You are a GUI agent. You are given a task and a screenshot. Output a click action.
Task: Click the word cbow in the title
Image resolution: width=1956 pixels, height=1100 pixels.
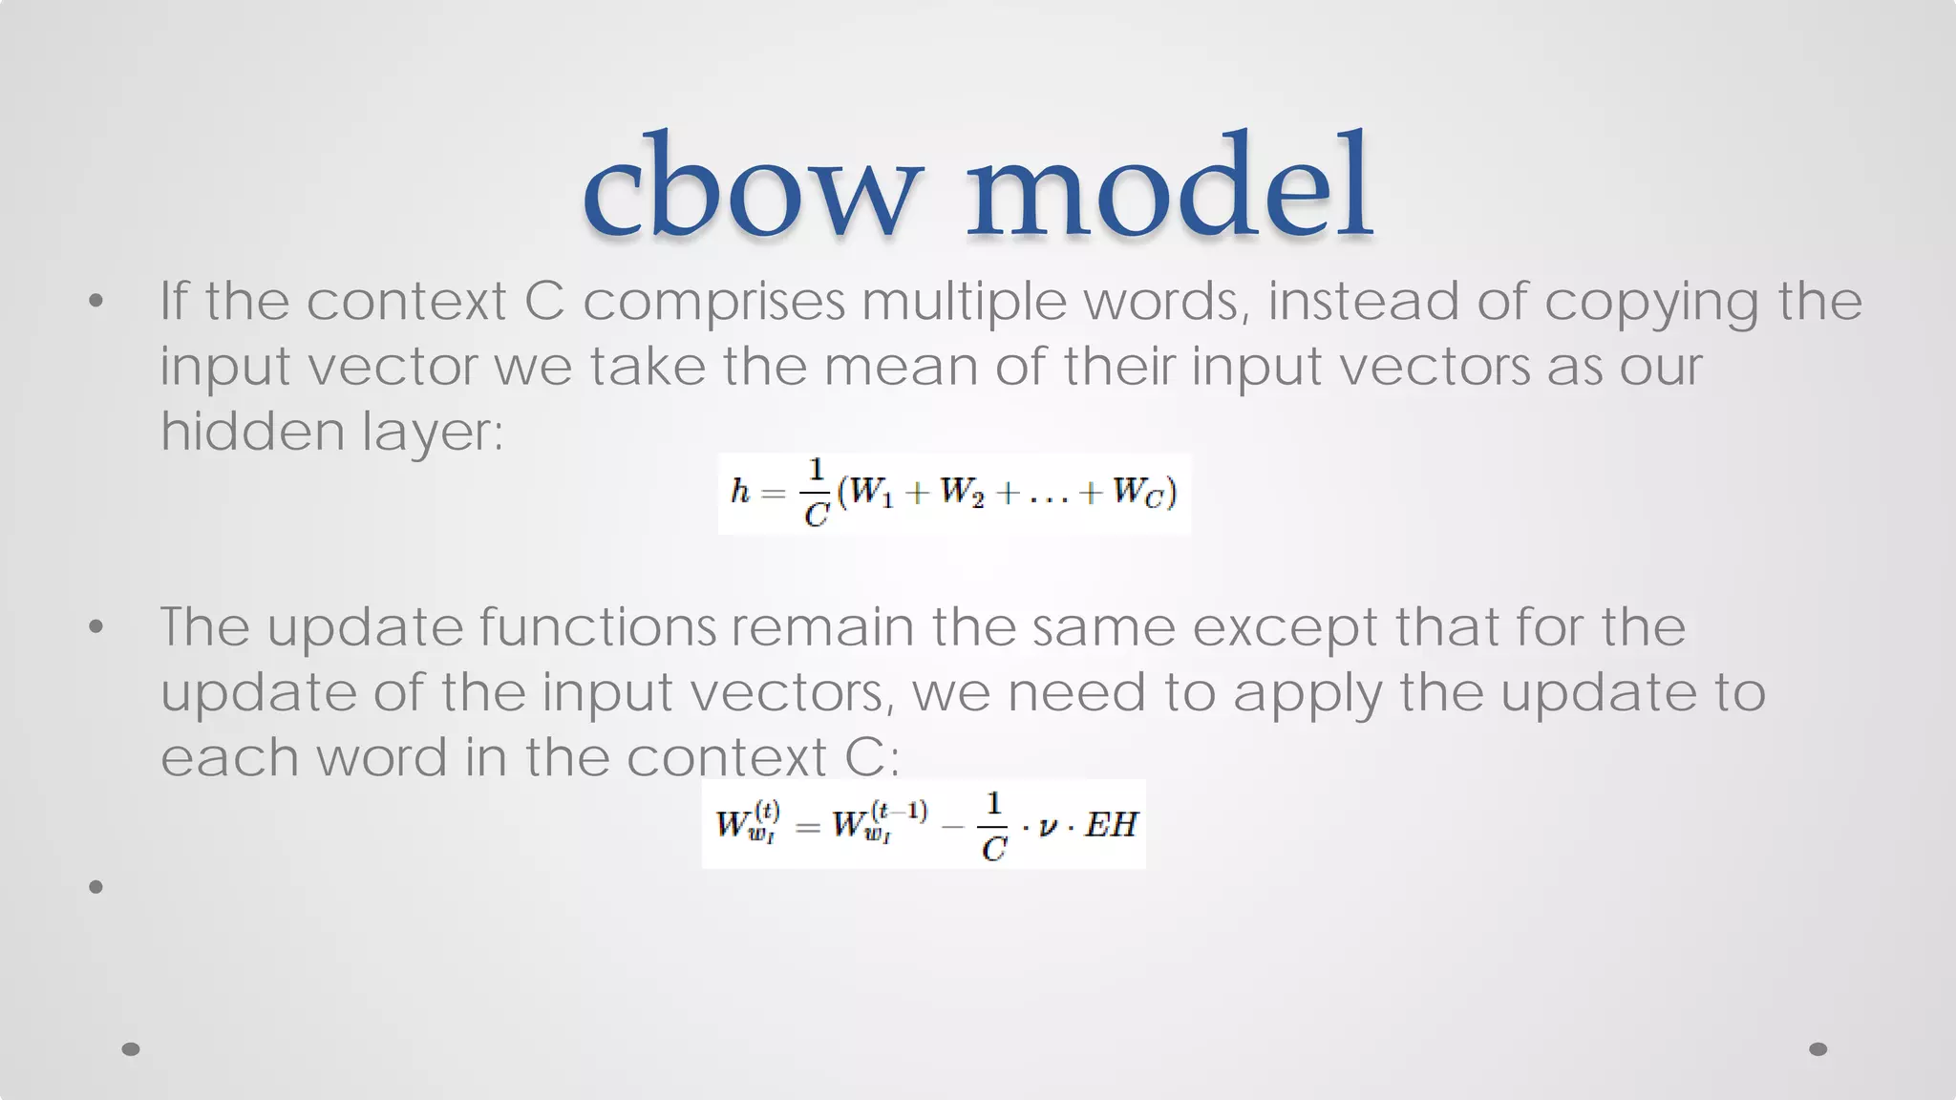(752, 186)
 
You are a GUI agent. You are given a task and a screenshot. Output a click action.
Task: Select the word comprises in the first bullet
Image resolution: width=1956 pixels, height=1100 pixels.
(713, 302)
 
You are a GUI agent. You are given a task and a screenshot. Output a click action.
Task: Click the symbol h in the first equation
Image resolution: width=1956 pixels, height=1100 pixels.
(739, 493)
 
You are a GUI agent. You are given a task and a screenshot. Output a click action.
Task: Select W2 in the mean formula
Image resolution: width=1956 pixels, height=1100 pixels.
(961, 493)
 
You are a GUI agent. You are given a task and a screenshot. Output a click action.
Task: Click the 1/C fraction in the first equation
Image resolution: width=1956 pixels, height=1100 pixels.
(817, 493)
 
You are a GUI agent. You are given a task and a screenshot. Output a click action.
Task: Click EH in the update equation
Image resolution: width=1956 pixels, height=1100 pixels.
(1111, 824)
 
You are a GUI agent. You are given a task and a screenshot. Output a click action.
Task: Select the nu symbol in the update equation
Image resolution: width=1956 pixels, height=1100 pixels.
(1048, 826)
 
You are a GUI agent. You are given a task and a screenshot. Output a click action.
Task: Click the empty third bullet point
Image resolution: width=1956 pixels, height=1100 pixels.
(96, 887)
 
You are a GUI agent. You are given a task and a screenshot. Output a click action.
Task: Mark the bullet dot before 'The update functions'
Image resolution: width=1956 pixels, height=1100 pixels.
(96, 627)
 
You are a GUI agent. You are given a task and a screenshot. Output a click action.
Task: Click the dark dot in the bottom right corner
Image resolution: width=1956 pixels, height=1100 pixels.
(1818, 1048)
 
